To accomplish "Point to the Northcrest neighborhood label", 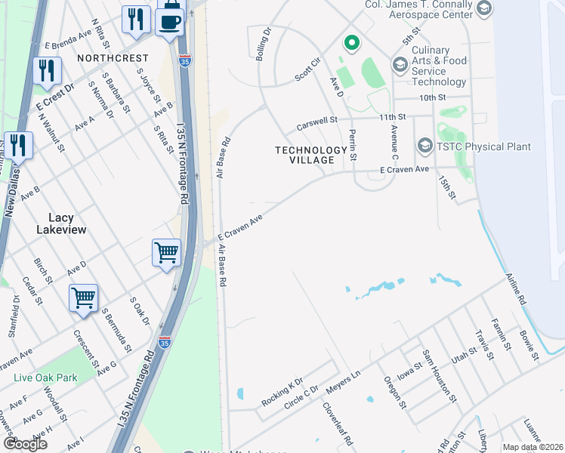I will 111,57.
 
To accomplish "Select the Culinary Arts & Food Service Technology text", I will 439,66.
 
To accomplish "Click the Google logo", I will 25,444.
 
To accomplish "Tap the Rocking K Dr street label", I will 282,391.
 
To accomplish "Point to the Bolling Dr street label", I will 264,46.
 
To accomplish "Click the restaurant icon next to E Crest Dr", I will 47,69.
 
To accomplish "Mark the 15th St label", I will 447,188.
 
